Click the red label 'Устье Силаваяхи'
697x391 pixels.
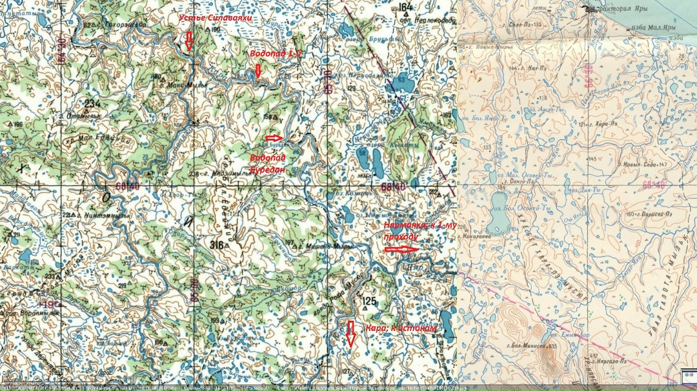(x=215, y=19)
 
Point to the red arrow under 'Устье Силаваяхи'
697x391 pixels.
(x=188, y=41)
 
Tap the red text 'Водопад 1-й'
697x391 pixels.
(x=276, y=54)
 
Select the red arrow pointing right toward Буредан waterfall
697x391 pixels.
(x=274, y=137)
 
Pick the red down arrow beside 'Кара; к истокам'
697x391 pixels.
(x=351, y=334)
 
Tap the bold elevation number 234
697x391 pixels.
(x=93, y=103)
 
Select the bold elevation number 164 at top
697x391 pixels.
(x=405, y=8)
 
